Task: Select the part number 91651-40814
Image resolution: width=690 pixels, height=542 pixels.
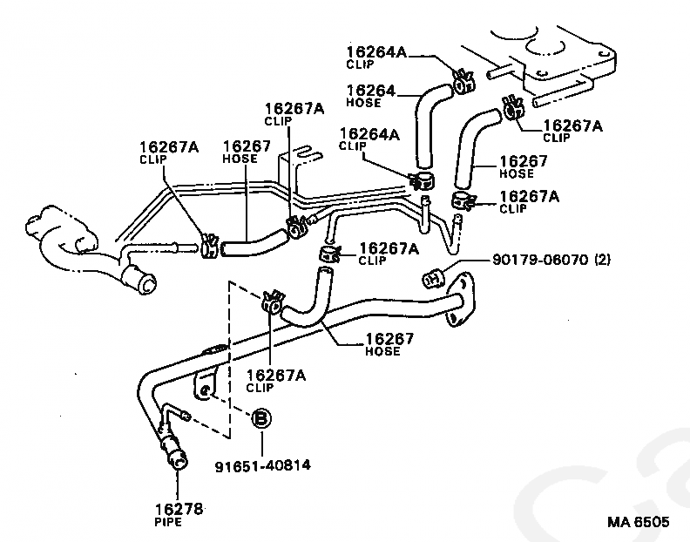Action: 262,465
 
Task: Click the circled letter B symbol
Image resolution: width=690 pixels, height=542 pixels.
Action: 260,420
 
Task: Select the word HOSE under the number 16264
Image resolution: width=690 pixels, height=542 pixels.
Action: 364,103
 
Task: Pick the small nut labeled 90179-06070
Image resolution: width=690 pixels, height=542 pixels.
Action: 432,279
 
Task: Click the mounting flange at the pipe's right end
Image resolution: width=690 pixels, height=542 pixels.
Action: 460,301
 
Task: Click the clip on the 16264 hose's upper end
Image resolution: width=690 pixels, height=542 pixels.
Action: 461,81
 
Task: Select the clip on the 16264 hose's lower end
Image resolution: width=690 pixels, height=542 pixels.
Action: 422,181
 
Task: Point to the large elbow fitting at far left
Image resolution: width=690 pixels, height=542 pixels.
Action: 61,235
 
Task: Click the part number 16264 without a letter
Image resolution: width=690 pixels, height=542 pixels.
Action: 370,90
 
